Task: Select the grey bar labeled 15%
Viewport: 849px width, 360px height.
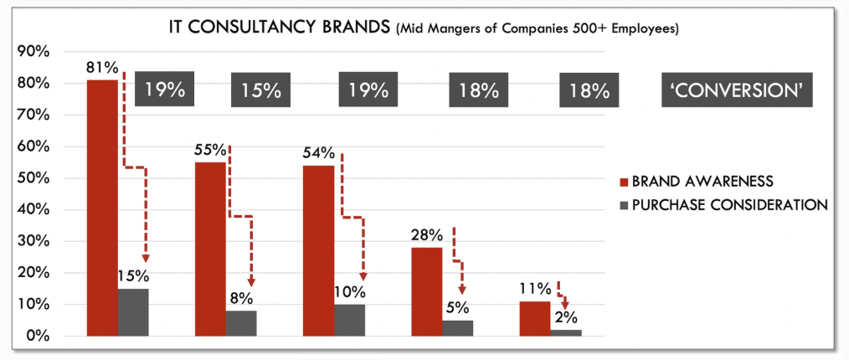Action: tap(133, 312)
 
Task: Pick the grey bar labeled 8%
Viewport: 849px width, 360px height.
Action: tap(241, 323)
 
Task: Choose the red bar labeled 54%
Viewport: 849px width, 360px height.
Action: tap(318, 250)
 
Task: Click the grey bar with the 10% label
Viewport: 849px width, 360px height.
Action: tap(349, 320)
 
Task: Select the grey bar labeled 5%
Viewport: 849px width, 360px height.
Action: tap(458, 328)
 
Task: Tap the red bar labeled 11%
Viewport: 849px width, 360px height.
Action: tap(535, 318)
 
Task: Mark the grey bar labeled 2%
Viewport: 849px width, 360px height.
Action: tap(566, 332)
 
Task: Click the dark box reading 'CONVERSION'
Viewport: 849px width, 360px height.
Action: tap(737, 90)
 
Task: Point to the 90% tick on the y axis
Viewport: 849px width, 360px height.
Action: tap(33, 52)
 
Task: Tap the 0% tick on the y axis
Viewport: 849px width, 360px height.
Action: tap(38, 337)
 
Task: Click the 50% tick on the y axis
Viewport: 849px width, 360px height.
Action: tap(33, 178)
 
